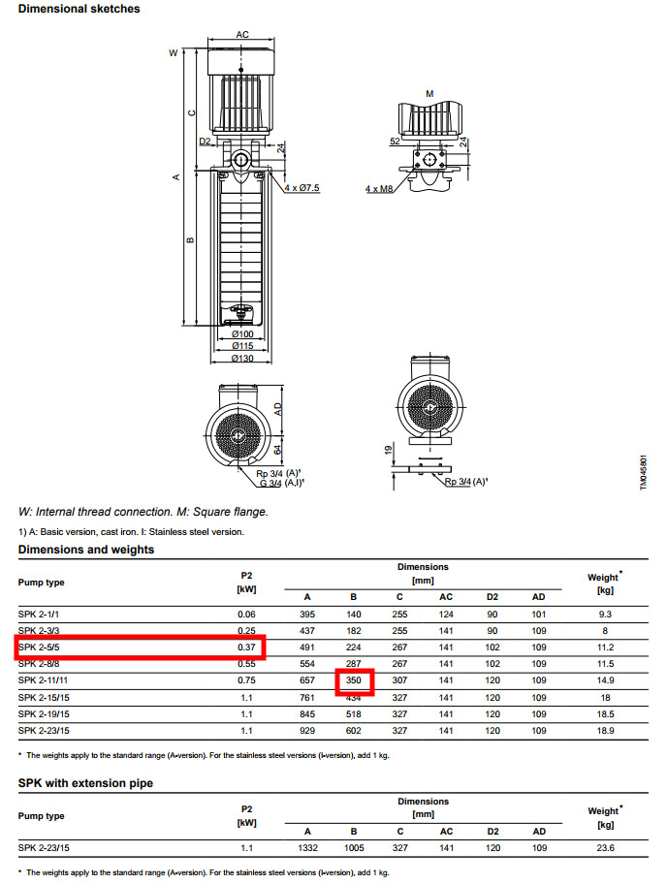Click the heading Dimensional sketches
[x=79, y=9]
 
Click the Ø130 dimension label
[x=243, y=358]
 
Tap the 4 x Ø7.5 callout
[x=302, y=187]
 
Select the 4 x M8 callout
[x=380, y=188]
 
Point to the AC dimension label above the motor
[x=243, y=35]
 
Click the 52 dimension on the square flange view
[x=396, y=142]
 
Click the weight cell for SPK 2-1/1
[x=605, y=615]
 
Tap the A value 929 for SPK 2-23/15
[x=307, y=730]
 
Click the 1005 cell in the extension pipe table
[x=353, y=848]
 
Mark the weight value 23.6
[x=605, y=848]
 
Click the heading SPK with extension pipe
[x=85, y=782]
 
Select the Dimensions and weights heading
[x=86, y=550]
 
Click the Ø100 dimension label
[x=243, y=333]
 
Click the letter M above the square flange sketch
[x=429, y=93]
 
